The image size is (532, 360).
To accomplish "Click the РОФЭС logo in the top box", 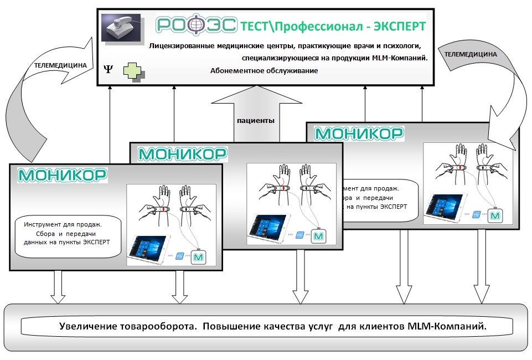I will (197, 25).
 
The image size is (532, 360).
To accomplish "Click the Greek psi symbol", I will (108, 69).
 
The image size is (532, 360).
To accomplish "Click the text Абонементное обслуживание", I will (264, 71).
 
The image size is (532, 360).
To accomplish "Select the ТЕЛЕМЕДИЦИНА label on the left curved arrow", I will (60, 65).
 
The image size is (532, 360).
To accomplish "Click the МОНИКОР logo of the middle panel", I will (182, 153).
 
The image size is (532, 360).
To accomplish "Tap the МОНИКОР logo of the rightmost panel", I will (358, 133).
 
